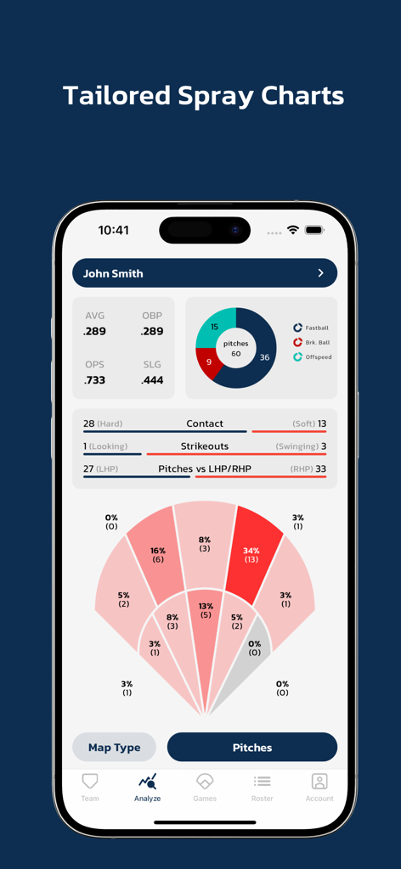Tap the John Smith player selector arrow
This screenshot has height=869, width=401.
[x=320, y=273]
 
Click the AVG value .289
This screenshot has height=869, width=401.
[x=94, y=332]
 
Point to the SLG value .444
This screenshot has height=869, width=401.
[x=152, y=380]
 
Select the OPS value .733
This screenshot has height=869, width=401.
[x=94, y=380]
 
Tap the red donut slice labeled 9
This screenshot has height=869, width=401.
[x=209, y=362]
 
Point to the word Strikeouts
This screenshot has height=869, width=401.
[x=205, y=446]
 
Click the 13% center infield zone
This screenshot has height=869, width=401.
[x=206, y=611]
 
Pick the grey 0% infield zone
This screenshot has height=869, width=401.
[x=253, y=648]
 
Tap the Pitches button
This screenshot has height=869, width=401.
[x=252, y=748]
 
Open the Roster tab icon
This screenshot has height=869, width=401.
[x=262, y=782]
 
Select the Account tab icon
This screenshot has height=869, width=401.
[x=319, y=782]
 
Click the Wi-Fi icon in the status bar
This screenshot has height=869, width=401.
[x=293, y=230]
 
